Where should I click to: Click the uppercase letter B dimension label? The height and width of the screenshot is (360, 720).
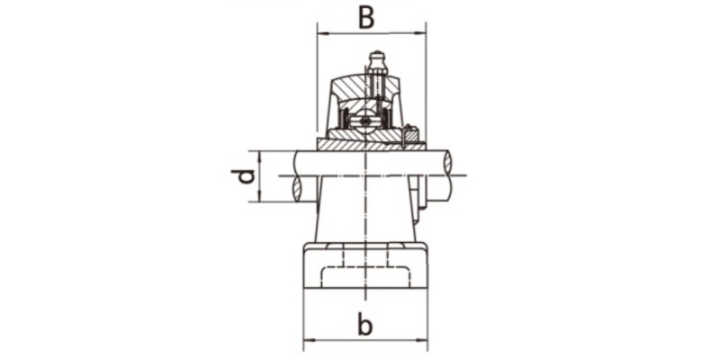365,17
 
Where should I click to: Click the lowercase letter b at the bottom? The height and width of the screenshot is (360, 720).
364,325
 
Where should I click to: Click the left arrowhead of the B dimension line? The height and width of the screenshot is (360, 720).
320,34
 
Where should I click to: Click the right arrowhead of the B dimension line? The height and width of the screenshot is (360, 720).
422,34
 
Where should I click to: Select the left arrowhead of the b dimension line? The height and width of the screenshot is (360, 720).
307,341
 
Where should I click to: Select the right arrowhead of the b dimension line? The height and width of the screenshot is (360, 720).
424,341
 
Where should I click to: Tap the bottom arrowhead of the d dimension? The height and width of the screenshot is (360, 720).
258,198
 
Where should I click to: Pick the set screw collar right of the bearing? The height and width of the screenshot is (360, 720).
412,135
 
